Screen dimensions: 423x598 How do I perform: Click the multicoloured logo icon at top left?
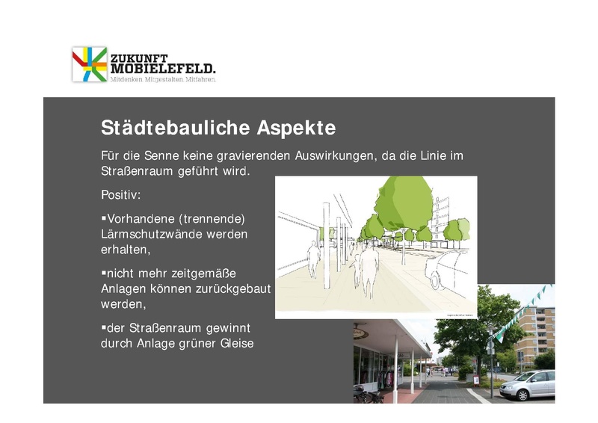tap(90, 64)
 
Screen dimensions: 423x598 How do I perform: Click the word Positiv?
tap(120, 195)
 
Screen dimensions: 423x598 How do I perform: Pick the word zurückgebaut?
tap(235, 288)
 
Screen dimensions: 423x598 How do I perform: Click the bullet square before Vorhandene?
tap(103, 217)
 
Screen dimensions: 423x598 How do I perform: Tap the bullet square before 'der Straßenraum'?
tap(103, 327)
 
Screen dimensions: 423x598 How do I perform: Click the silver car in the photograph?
tap(526, 384)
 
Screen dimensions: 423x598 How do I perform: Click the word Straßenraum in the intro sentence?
tap(138, 171)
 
